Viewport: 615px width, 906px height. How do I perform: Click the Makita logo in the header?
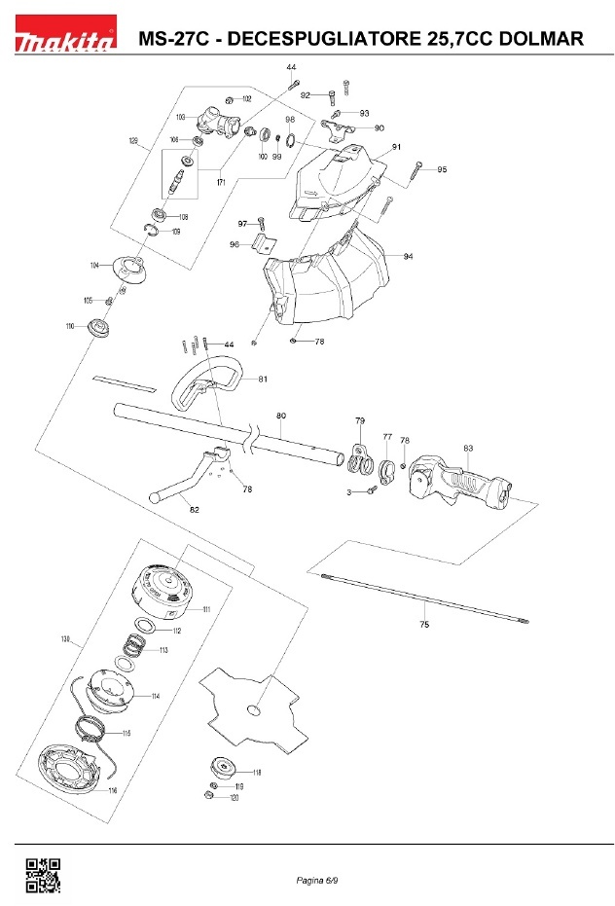(64, 40)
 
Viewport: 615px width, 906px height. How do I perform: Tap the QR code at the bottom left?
(42, 874)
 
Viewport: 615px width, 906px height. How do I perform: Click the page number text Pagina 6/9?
(317, 881)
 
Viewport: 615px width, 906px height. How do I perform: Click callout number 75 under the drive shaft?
(423, 623)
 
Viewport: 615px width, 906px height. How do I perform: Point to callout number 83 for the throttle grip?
(468, 449)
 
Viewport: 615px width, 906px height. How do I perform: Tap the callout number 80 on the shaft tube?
(281, 417)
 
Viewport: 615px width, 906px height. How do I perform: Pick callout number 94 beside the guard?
(408, 256)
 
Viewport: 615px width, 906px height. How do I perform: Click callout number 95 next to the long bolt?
(442, 170)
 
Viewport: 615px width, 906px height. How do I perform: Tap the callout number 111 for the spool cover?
(206, 609)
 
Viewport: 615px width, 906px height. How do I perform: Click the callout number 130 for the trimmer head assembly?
(65, 639)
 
